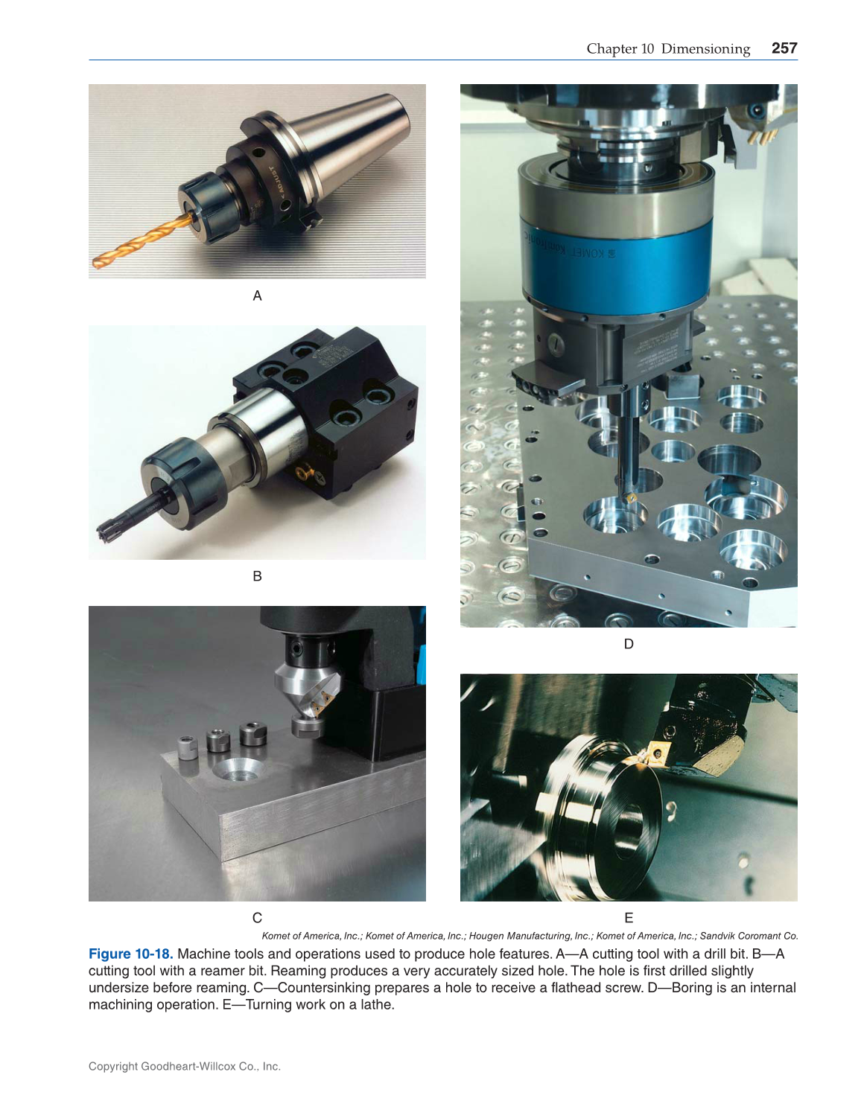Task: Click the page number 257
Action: click(x=784, y=48)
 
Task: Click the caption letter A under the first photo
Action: click(x=257, y=296)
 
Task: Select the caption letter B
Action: click(x=257, y=576)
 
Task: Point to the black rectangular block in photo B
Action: click(x=350, y=417)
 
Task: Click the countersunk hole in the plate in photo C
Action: click(x=238, y=770)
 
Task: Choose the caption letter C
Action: click(x=257, y=918)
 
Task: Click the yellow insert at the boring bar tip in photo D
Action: click(x=631, y=497)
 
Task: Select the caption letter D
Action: click(x=629, y=644)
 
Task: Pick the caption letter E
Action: click(x=629, y=918)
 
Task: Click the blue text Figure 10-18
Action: click(x=129, y=954)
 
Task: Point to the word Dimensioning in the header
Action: click(x=705, y=49)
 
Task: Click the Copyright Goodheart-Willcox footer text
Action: click(x=184, y=1067)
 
